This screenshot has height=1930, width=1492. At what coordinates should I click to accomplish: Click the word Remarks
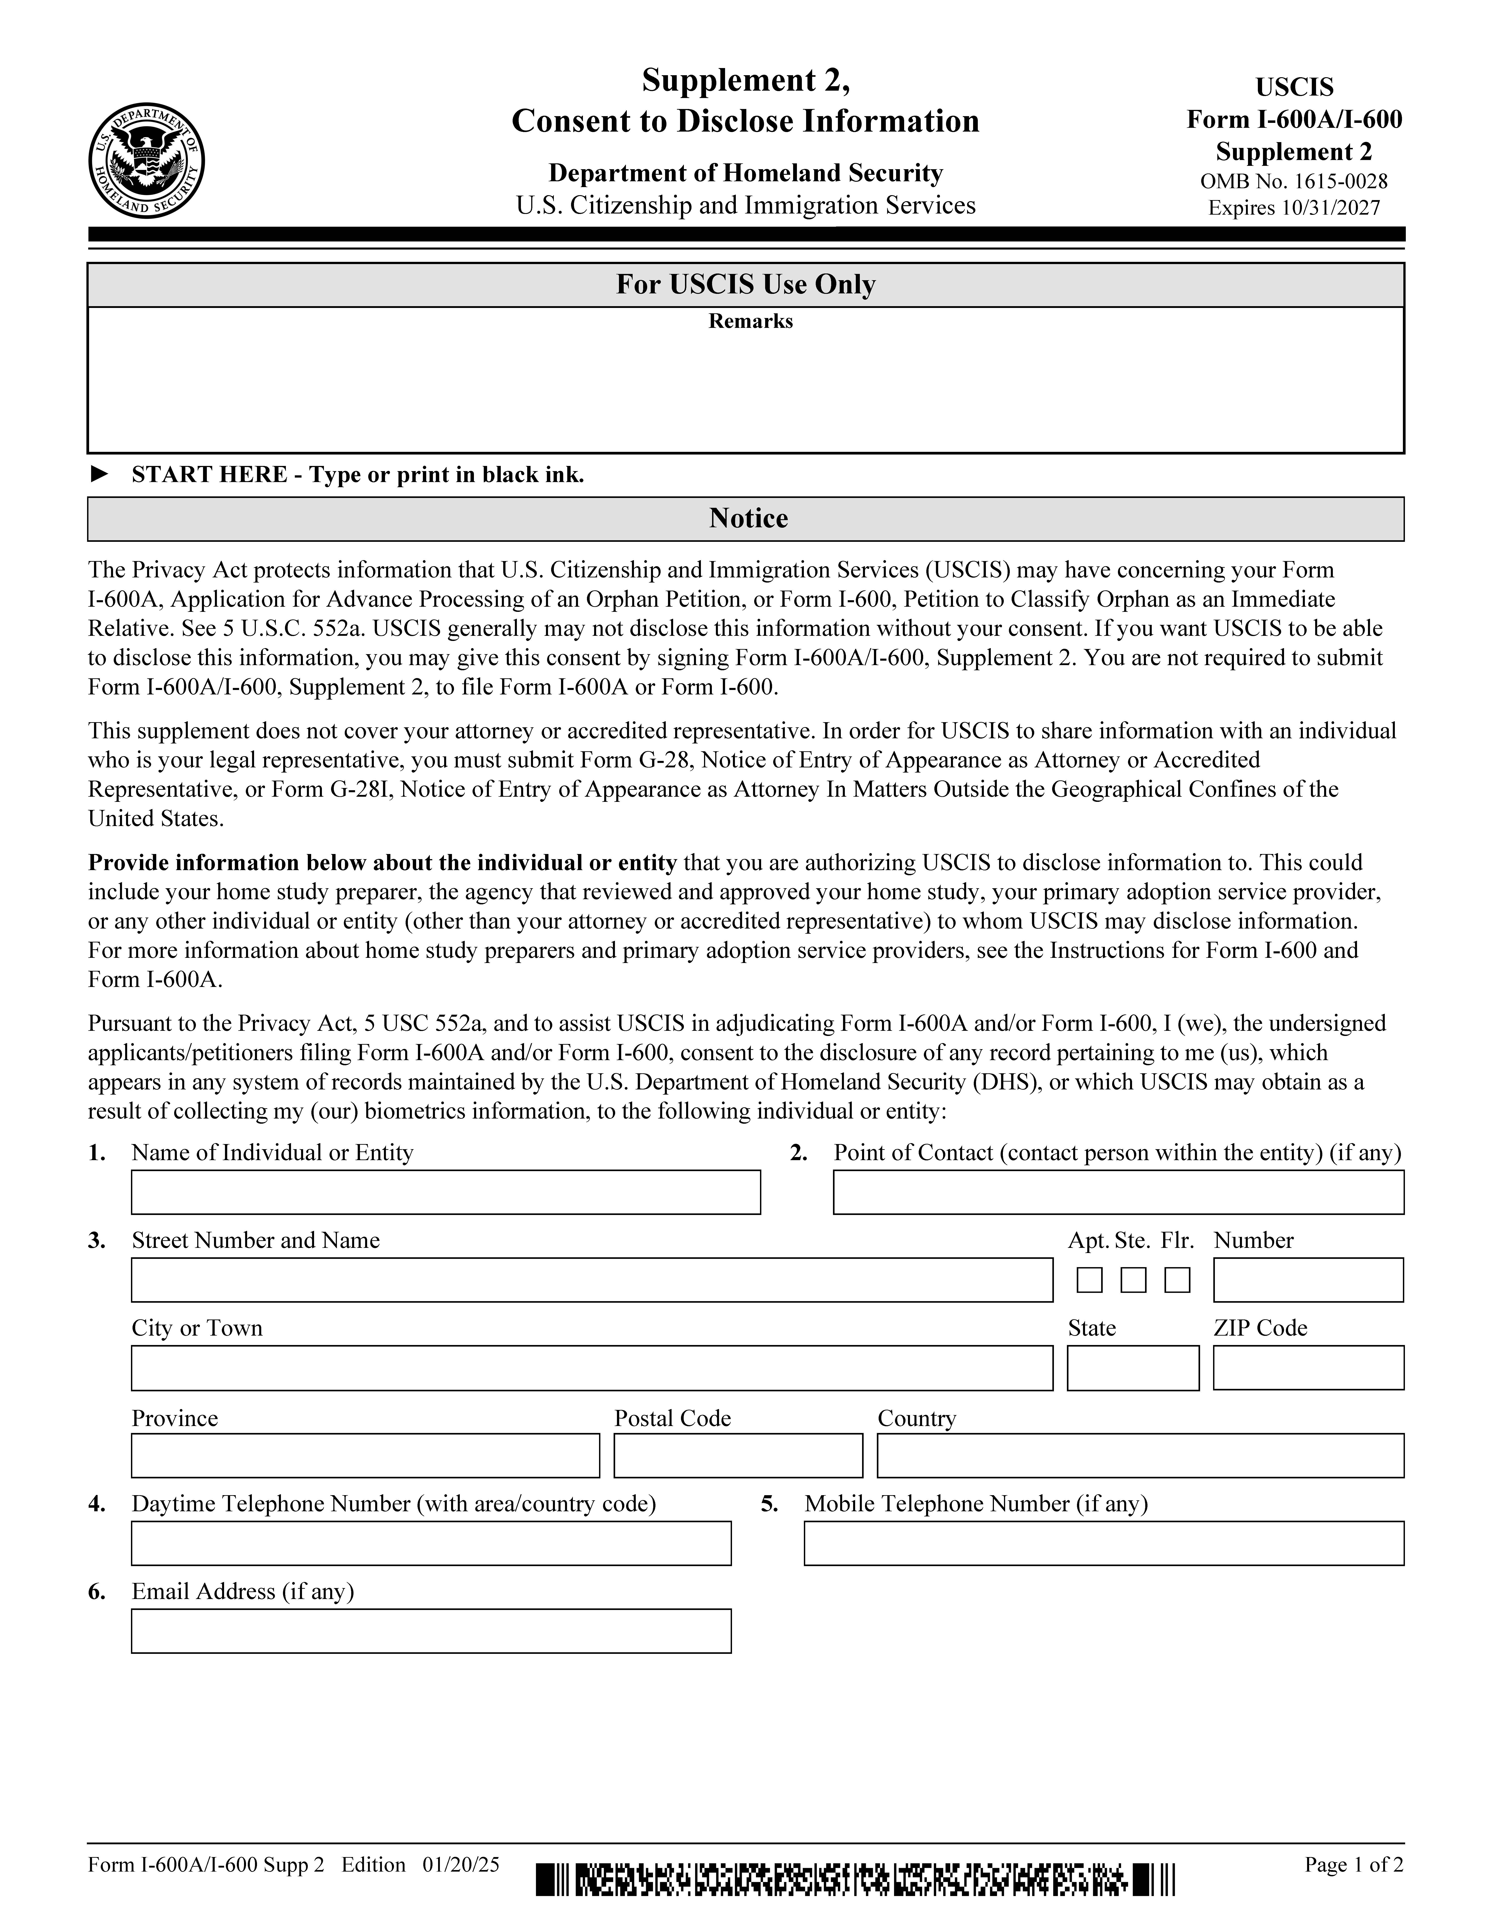[x=750, y=322]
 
